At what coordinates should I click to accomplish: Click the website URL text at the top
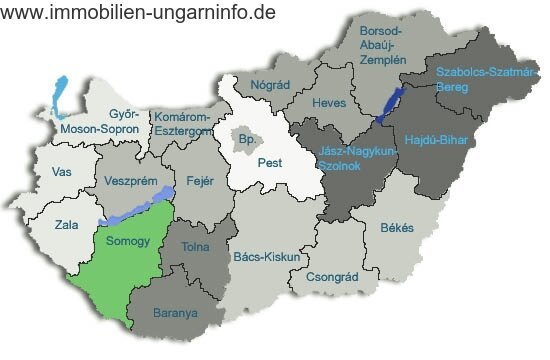[139, 12]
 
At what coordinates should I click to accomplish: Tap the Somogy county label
[126, 242]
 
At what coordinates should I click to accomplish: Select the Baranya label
[175, 313]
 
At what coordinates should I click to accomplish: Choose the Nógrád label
[270, 86]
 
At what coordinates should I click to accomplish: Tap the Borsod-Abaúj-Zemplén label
[384, 46]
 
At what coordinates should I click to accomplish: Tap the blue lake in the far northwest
[57, 98]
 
